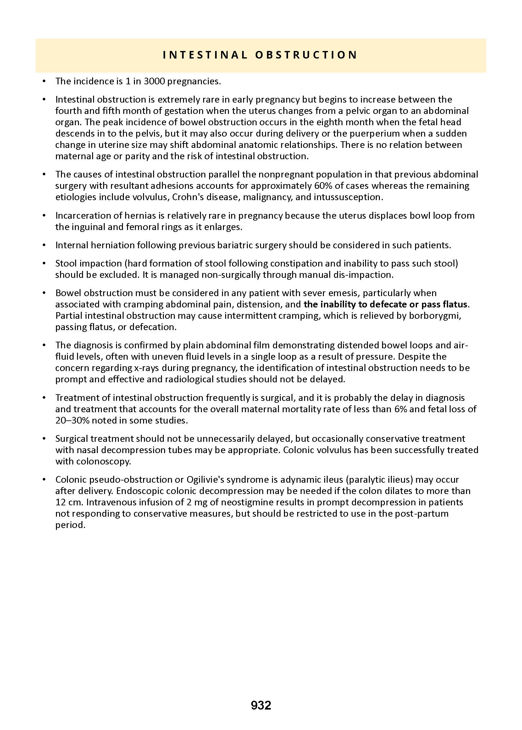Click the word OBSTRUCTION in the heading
pyautogui.click(x=306, y=55)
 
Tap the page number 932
pyautogui.click(x=261, y=705)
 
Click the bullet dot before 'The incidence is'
pyautogui.click(x=44, y=81)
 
